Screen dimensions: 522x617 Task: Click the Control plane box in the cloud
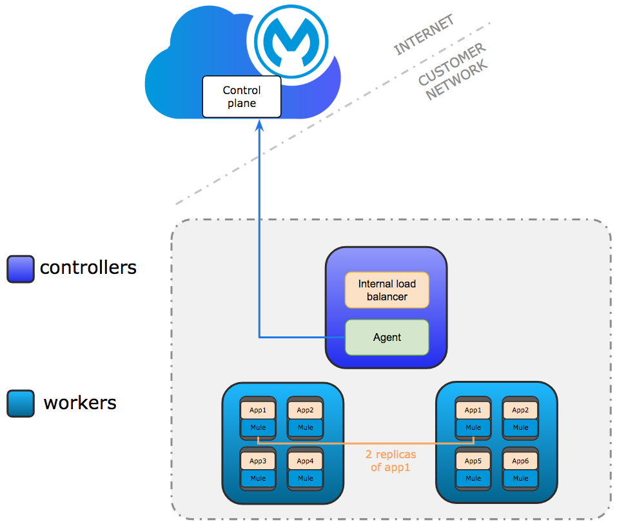(x=242, y=97)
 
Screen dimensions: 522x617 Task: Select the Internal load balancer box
(x=387, y=290)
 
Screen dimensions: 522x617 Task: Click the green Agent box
(x=387, y=337)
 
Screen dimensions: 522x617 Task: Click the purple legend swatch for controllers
(x=20, y=269)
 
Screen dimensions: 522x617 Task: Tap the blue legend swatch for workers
(x=20, y=404)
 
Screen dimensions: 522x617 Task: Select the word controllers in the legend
(x=88, y=267)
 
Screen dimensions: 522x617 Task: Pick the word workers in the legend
(x=80, y=403)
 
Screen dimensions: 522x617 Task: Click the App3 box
(x=258, y=461)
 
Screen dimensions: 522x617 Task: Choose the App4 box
(x=306, y=461)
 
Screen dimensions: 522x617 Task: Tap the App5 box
(x=473, y=461)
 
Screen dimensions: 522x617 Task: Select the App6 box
(x=520, y=461)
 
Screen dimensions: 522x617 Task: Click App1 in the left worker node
(x=258, y=410)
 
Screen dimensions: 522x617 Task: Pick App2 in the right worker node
(x=520, y=410)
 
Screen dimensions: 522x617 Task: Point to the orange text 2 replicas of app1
(x=391, y=461)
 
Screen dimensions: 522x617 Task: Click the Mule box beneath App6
(x=520, y=478)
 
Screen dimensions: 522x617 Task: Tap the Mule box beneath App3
(x=258, y=478)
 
